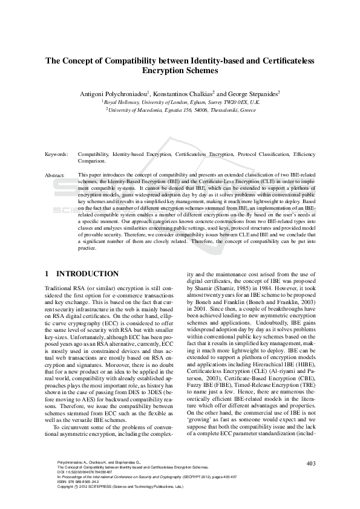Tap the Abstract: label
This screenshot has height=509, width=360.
[x=55, y=175]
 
